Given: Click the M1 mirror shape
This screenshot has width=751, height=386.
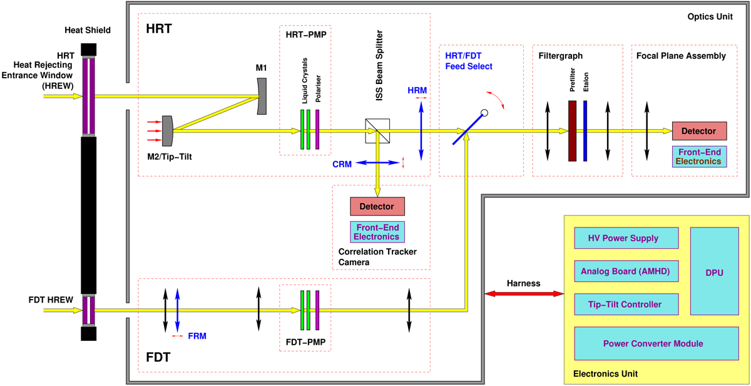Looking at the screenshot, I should point(263,96).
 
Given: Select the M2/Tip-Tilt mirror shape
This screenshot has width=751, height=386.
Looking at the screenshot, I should point(167,130).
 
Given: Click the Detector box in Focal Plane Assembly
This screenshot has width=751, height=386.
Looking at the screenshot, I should point(699,131).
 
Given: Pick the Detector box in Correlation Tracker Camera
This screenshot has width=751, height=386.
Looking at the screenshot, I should point(377,206).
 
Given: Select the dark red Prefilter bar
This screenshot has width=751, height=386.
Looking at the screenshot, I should point(572,131).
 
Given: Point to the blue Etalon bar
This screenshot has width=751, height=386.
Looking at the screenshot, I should point(586,131).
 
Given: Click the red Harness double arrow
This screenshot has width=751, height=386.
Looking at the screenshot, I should point(523,294).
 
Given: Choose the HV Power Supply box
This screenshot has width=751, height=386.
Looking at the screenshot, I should point(626,238).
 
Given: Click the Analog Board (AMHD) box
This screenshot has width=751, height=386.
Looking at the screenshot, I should point(626,271).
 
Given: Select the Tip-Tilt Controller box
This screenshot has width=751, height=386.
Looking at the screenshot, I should point(626,305).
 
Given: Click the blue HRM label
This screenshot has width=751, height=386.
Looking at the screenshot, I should point(417,90).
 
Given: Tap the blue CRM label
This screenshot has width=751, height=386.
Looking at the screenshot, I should point(342,164).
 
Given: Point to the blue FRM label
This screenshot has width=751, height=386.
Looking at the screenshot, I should point(197,336).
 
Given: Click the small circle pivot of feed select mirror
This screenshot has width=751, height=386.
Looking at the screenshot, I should point(484,113).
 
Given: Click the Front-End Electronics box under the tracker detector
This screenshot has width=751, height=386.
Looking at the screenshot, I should point(377,232).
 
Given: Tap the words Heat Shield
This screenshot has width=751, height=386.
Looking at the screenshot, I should point(88,30).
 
